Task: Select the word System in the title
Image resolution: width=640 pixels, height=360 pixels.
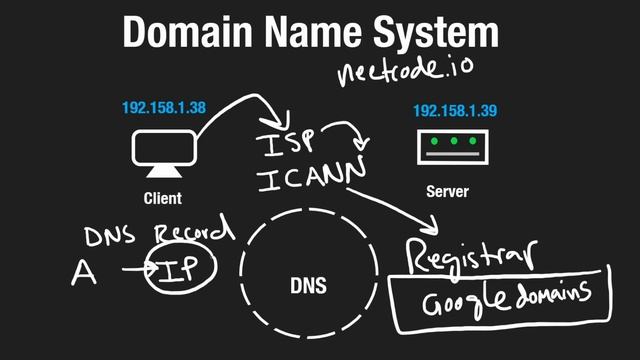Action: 441,33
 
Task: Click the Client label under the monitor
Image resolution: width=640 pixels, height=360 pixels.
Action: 162,198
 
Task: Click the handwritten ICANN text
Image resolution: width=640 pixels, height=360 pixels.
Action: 304,180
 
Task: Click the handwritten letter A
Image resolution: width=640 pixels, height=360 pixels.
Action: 85,272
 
